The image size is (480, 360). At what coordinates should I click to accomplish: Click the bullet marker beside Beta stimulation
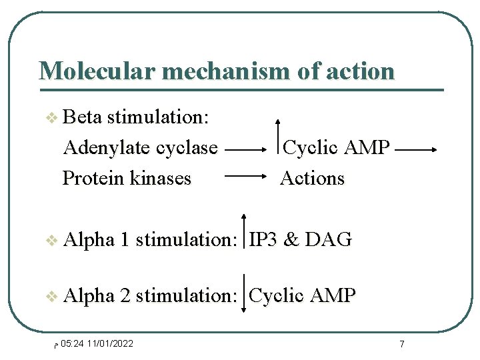coord(51,119)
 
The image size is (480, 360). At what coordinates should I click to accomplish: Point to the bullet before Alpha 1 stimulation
coord(51,241)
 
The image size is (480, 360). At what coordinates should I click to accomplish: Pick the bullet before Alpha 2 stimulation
coord(51,296)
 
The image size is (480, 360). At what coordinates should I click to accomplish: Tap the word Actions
coord(312,178)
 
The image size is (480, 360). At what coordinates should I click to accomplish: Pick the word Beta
coord(82,117)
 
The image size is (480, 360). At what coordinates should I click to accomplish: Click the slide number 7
coord(401,344)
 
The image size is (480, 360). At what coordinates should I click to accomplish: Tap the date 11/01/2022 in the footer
coord(110,343)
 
